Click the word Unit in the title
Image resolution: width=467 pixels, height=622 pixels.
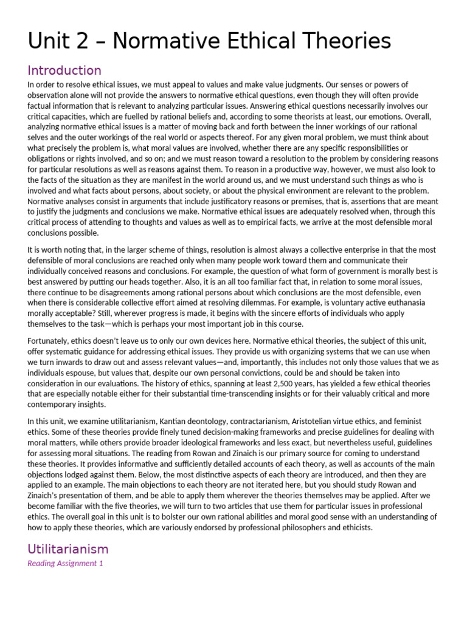(x=49, y=41)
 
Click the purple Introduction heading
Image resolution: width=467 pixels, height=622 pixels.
(x=64, y=70)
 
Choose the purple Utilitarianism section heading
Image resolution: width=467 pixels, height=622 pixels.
(x=68, y=549)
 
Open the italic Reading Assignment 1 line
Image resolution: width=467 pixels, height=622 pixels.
(x=65, y=564)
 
